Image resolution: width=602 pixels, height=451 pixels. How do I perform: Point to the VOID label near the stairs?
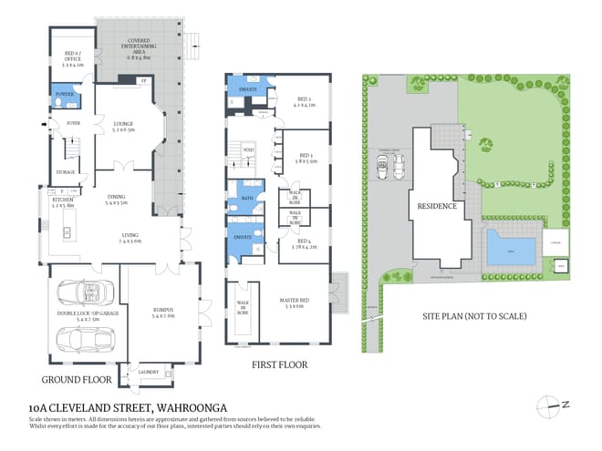(x=247, y=151)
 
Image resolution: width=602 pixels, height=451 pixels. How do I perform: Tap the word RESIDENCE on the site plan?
(x=436, y=206)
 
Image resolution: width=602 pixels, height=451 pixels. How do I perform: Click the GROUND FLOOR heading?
(x=78, y=378)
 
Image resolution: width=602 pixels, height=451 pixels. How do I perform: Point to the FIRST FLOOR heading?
(x=279, y=364)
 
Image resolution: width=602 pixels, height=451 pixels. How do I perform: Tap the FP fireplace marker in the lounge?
(x=142, y=82)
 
